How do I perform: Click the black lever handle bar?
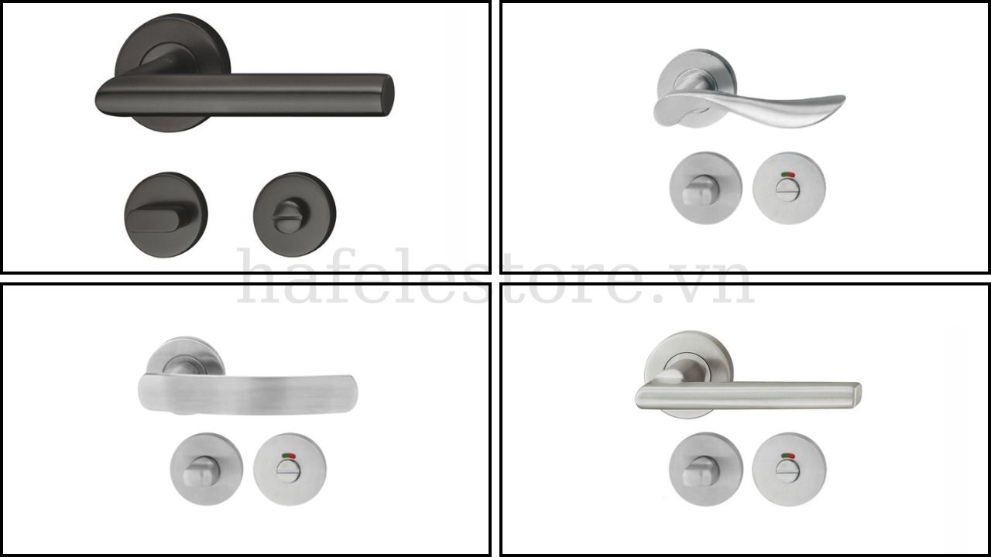coord(243,95)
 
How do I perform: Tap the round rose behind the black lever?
coord(173,44)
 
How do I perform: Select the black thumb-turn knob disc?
coord(166,214)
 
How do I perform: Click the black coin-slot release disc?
coord(295,214)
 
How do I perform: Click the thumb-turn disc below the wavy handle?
coord(705,188)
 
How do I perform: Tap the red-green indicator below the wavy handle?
coord(788,174)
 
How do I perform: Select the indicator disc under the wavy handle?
coord(789,188)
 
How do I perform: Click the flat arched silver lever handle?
coord(247,394)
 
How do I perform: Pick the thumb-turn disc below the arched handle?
coord(207,469)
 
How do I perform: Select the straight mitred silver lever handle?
coord(748,395)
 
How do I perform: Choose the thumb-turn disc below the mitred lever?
coord(705,469)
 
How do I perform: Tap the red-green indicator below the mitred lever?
coord(788,455)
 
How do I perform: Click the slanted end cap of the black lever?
coord(386,95)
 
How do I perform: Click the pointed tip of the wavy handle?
coord(844,97)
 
